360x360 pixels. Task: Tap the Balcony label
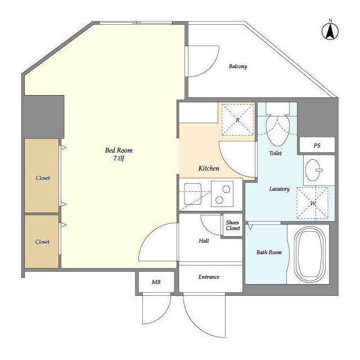(238, 66)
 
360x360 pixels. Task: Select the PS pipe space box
(317, 145)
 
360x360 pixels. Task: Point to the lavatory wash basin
(313, 170)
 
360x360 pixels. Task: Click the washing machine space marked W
(313, 203)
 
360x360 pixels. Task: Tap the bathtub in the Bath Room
(310, 254)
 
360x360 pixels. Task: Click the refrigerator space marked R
(238, 119)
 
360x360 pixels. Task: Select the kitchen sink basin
(192, 194)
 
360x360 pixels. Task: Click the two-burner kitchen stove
(222, 194)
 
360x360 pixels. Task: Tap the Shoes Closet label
(232, 225)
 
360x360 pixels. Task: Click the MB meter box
(156, 282)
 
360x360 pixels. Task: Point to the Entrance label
(209, 277)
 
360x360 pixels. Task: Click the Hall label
(204, 241)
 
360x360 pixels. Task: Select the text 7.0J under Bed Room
(119, 159)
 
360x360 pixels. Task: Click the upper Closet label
(43, 178)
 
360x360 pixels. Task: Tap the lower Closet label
(42, 241)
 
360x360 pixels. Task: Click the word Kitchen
(209, 168)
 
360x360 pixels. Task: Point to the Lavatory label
(279, 189)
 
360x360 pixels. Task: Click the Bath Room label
(269, 253)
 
